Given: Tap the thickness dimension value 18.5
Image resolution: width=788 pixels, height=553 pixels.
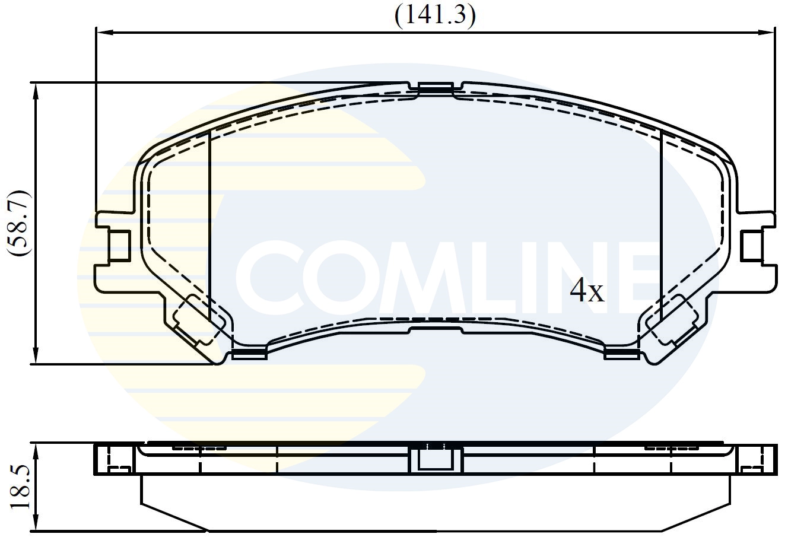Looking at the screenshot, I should pyautogui.click(x=19, y=487).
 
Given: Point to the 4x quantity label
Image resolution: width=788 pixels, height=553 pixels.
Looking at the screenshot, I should pyautogui.click(x=586, y=290).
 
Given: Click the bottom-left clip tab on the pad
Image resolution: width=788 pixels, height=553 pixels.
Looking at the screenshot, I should pyautogui.click(x=249, y=354).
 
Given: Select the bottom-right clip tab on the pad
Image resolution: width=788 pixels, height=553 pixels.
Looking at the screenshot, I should pyautogui.click(x=621, y=354).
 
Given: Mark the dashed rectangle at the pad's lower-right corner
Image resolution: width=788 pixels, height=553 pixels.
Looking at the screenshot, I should pyautogui.click(x=672, y=319).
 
